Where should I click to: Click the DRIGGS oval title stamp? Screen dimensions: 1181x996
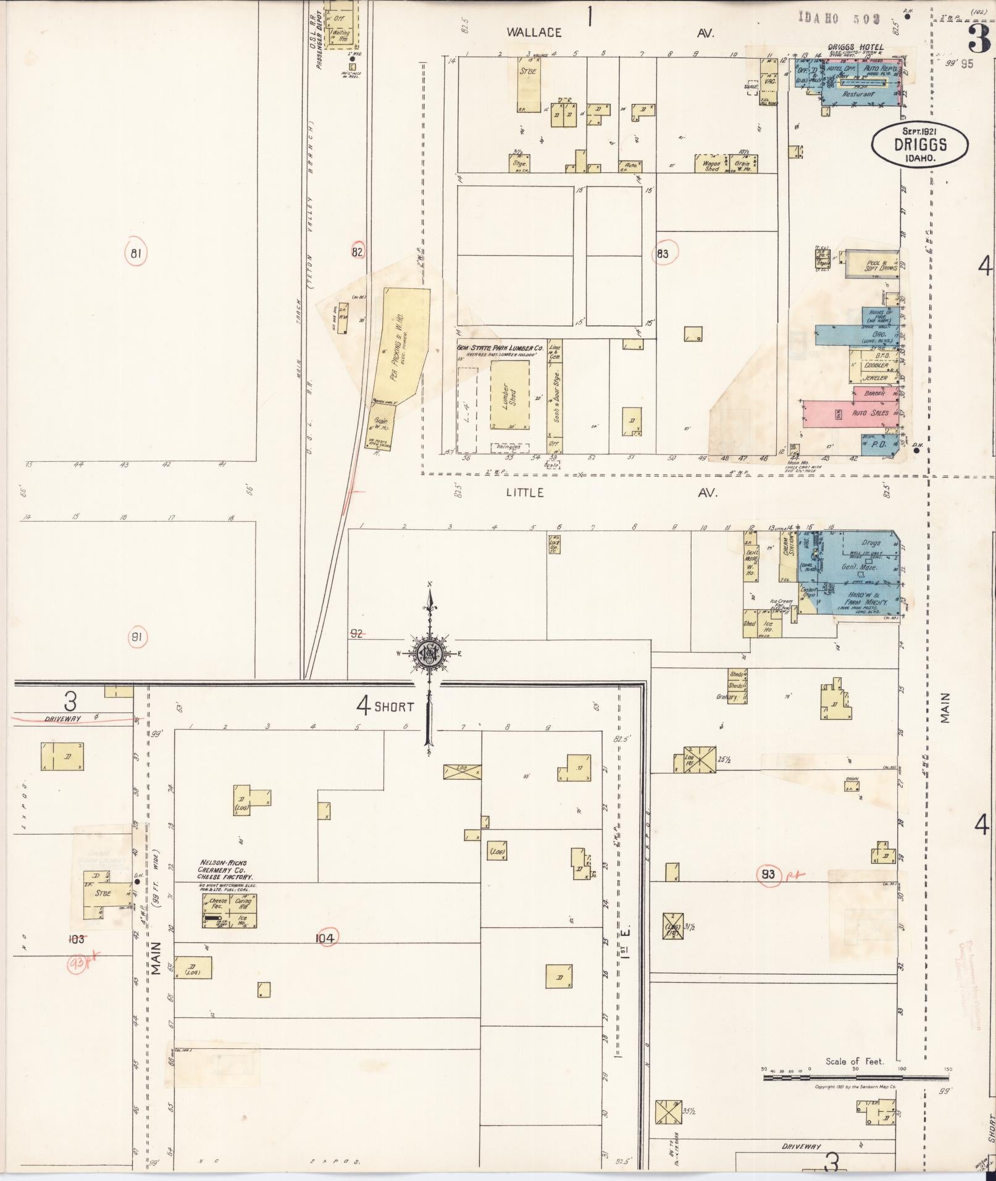coord(919,144)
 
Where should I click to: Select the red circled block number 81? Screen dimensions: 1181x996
coord(136,252)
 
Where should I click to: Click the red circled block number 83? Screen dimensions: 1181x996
coord(663,253)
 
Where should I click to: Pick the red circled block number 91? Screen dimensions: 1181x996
coord(136,638)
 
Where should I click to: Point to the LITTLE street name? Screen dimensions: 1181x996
coord(525,493)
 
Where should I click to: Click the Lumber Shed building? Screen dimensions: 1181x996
coord(509,396)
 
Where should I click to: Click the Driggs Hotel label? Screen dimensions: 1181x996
coord(855,47)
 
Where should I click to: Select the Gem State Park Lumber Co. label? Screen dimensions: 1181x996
coord(500,348)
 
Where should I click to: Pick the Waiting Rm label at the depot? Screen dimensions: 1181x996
coord(340,35)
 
